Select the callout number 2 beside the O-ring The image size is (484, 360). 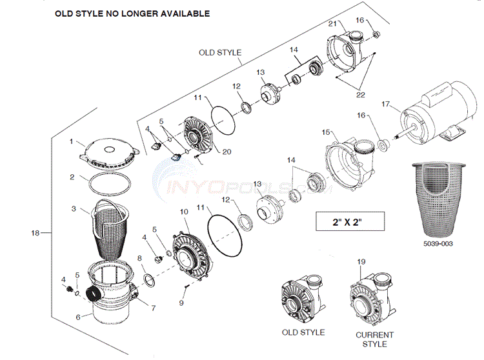pyautogui.click(x=73, y=176)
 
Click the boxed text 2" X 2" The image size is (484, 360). pyautogui.click(x=350, y=223)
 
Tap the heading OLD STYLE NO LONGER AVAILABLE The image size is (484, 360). pyautogui.click(x=132, y=13)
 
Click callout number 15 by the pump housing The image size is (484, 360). pyautogui.click(x=326, y=132)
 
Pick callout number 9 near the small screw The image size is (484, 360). pyautogui.click(x=181, y=303)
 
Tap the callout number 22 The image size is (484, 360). pyautogui.click(x=360, y=95)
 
